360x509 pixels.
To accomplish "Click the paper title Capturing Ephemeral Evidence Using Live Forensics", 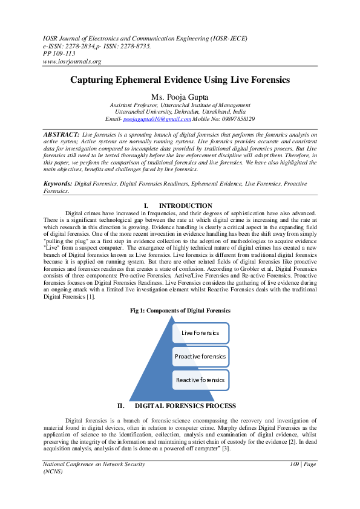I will [x=180, y=80].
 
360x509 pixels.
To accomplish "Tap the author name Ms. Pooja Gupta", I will [x=180, y=97].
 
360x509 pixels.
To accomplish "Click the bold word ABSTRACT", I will [x=61, y=134].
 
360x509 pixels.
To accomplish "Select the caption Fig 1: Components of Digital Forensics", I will [x=180, y=310].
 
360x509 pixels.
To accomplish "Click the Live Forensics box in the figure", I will [x=200, y=333].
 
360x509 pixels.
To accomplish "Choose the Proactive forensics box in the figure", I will [x=200, y=357].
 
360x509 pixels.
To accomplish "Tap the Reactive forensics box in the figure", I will [x=200, y=380].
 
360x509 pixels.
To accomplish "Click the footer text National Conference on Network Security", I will [x=94, y=464].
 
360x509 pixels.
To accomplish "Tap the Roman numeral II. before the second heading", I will [x=121, y=406].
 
